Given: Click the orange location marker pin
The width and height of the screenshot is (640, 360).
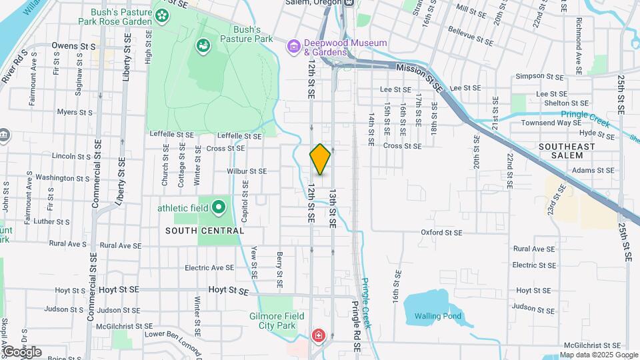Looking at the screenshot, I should (320, 159).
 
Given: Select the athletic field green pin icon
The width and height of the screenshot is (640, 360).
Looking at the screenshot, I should (219, 208).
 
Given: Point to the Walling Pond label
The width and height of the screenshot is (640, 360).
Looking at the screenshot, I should (437, 316).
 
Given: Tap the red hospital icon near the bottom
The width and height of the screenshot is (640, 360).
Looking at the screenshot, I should (319, 334).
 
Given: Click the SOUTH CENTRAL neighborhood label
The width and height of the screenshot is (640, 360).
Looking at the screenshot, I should (205, 231).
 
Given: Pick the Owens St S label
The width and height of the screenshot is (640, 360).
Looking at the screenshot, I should (74, 47).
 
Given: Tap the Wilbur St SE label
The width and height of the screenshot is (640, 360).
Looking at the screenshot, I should (246, 171).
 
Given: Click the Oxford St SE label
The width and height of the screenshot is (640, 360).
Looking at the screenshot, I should (441, 232).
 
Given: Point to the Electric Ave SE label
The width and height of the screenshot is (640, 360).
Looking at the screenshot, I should (209, 267).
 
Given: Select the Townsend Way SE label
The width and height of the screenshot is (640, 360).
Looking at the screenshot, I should (551, 123).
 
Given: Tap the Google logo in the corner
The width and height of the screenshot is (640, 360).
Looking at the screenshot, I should (22, 351).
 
